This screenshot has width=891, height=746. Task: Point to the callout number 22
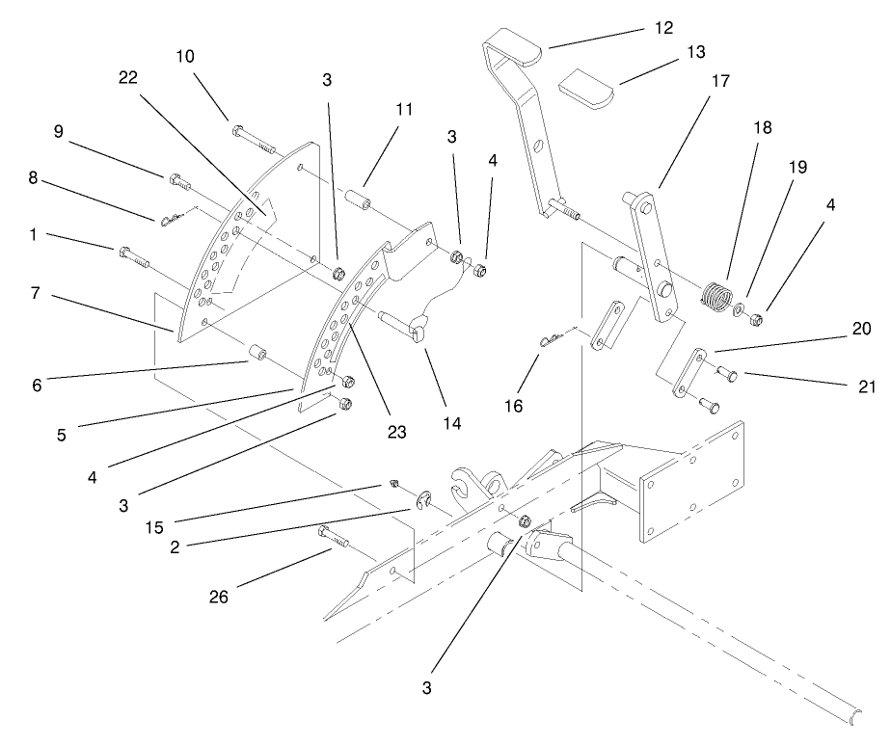click(128, 77)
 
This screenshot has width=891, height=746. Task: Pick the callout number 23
click(398, 433)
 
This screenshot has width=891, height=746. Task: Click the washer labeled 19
click(739, 310)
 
